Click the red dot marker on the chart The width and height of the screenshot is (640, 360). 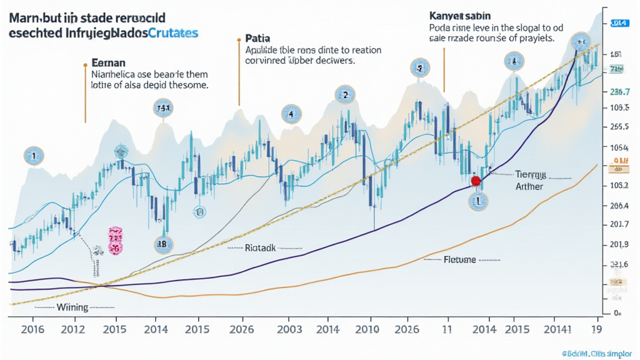pos(475,181)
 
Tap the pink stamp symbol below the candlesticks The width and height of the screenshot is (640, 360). pos(115,241)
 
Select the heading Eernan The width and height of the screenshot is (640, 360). pos(109,62)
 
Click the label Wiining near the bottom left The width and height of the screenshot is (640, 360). pos(72,307)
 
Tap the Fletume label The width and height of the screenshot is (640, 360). pos(459,259)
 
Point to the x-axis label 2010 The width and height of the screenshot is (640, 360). pos(368,329)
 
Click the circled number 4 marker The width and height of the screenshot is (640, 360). pos(290,114)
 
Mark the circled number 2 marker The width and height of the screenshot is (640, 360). pos(344,96)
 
